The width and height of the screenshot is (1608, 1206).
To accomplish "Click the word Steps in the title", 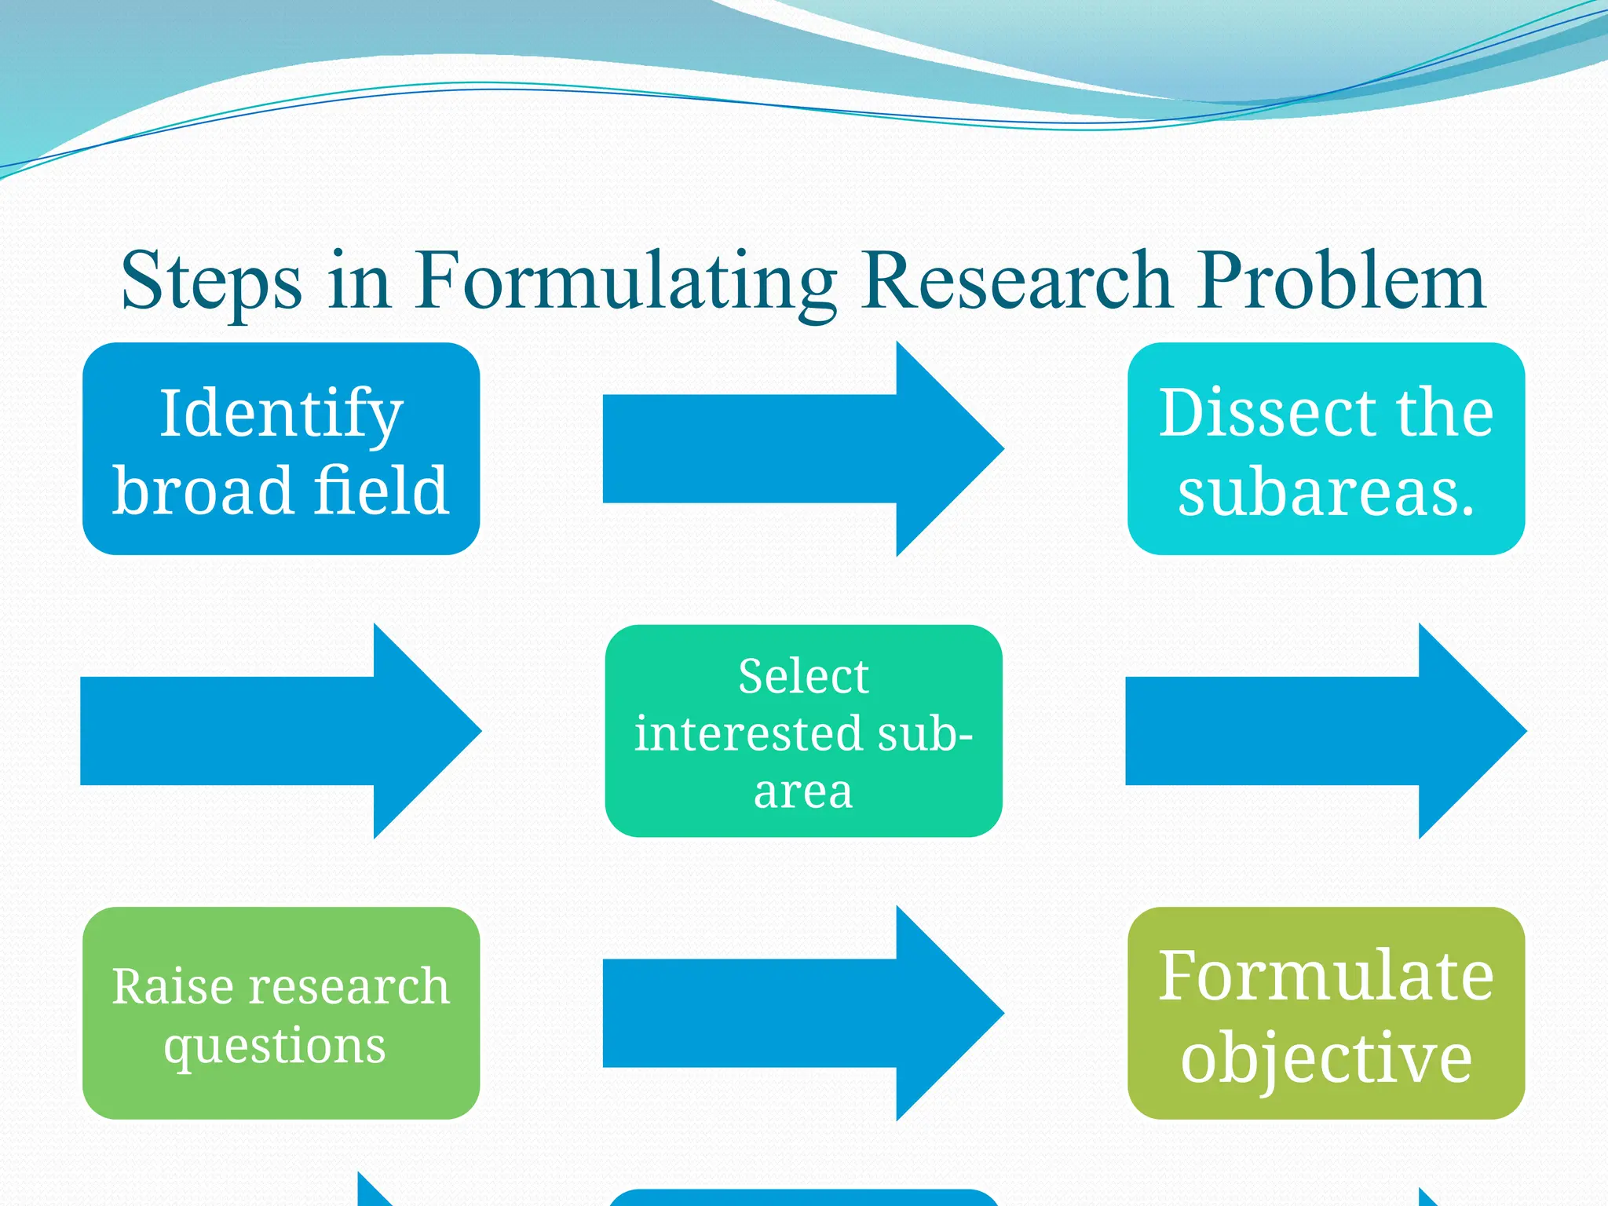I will pyautogui.click(x=210, y=281).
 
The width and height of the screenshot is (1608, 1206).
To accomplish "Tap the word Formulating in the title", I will pyautogui.click(x=626, y=281).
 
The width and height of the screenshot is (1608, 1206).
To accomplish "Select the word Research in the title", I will pyautogui.click(x=1017, y=281).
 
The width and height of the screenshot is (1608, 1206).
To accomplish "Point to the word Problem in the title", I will pyautogui.click(x=1342, y=281).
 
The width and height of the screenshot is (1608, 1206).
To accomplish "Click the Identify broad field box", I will pyautogui.click(x=280, y=448).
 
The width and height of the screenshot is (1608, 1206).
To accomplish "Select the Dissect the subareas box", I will pyautogui.click(x=1325, y=448).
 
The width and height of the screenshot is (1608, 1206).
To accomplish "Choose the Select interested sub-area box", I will pyautogui.click(x=803, y=731).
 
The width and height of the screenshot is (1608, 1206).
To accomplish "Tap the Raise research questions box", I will pyautogui.click(x=280, y=1013).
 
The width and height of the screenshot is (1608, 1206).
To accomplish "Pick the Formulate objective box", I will pyautogui.click(x=1325, y=1013).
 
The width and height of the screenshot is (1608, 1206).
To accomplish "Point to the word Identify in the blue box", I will pyautogui.click(x=281, y=414).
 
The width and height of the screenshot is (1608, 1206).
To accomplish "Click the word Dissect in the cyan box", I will pyautogui.click(x=1267, y=413).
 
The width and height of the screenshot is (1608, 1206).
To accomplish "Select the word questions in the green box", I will pyautogui.click(x=275, y=1047).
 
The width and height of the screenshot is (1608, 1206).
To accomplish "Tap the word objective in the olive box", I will pyautogui.click(x=1325, y=1058).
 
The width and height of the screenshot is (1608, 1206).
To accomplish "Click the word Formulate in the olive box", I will pyautogui.click(x=1325, y=975).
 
